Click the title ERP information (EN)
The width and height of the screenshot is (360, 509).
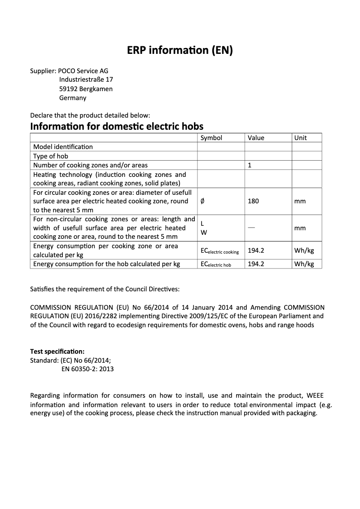click(180, 51)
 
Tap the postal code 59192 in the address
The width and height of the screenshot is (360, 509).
click(68, 89)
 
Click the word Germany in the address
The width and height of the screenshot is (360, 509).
click(73, 98)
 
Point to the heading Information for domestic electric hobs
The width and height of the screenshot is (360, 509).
click(117, 126)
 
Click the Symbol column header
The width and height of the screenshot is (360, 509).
click(211, 138)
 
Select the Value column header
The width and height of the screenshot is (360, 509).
click(256, 138)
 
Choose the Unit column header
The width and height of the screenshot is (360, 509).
click(300, 138)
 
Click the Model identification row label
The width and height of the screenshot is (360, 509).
click(63, 147)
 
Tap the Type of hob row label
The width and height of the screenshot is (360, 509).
click(51, 156)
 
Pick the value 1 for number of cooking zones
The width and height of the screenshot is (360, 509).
click(250, 165)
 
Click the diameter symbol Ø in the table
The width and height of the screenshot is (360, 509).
click(202, 201)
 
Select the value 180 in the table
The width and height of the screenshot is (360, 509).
click(253, 201)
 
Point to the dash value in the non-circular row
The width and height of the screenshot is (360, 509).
click(251, 228)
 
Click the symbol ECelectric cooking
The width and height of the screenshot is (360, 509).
click(220, 251)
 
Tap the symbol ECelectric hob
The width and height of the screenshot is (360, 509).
click(215, 264)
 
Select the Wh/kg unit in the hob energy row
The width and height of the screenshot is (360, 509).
click(304, 264)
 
